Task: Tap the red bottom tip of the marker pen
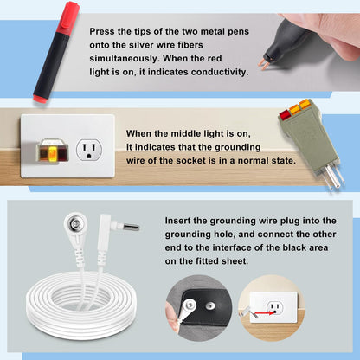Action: click(41, 99)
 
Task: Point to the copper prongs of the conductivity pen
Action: click(264, 64)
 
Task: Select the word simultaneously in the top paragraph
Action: click(125, 59)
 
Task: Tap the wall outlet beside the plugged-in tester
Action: click(89, 150)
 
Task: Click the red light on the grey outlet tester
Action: click(285, 114)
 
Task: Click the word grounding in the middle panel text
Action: click(238, 147)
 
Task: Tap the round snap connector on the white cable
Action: click(75, 223)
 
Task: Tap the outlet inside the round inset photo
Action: click(274, 308)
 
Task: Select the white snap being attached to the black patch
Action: click(189, 305)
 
